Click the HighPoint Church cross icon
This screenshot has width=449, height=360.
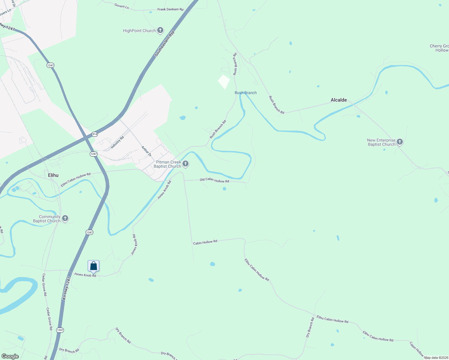click(x=160, y=30)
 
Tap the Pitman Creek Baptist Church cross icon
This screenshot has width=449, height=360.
click(x=185, y=164)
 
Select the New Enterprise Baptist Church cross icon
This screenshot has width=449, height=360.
click(x=399, y=142)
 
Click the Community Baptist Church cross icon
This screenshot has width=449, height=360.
click(x=65, y=218)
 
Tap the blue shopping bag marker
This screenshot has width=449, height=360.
click(x=93, y=266)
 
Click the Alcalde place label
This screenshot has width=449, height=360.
click(x=339, y=100)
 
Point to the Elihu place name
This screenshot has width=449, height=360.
click(x=53, y=175)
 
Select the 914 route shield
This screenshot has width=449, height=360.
click(x=95, y=134)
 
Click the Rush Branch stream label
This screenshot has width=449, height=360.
click(x=246, y=93)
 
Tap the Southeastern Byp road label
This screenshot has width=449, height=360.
click(x=164, y=43)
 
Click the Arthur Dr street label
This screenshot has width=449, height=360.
click(x=146, y=151)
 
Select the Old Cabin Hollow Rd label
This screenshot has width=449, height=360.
click(x=214, y=181)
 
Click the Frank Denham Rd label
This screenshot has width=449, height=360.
click(x=170, y=10)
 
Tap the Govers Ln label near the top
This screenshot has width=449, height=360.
click(x=122, y=6)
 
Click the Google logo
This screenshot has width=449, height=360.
click(x=10, y=356)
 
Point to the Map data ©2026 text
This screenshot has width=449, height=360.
click(x=435, y=358)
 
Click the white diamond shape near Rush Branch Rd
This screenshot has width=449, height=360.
click(x=224, y=82)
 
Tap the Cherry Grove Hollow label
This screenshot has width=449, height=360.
click(x=440, y=48)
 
